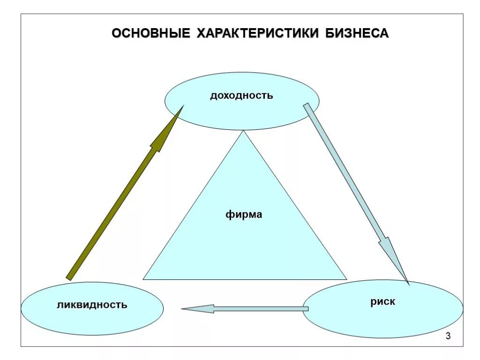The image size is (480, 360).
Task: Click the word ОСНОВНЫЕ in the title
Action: [150, 34]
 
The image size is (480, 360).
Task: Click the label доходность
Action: [241, 96]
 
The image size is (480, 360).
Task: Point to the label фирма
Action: [244, 215]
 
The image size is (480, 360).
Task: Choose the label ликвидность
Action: [92, 305]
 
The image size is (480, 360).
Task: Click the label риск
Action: [382, 302]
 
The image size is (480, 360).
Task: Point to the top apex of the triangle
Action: [243, 132]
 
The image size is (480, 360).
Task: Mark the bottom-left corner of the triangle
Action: [143, 279]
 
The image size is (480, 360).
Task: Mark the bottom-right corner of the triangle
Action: [346, 279]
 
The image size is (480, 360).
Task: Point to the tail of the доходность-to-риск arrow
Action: [307, 106]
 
